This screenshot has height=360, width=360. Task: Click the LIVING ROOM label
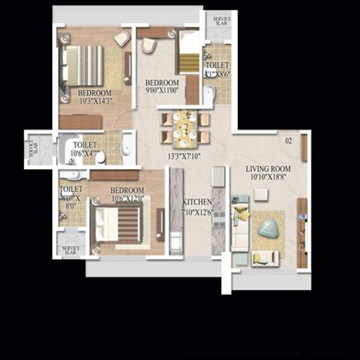(267, 169)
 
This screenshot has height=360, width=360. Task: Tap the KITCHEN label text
(197, 201)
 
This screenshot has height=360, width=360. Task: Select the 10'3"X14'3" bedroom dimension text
(95, 101)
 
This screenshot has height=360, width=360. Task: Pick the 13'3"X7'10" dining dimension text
(184, 156)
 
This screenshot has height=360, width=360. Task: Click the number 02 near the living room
(287, 141)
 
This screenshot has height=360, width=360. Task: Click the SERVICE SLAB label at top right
(221, 20)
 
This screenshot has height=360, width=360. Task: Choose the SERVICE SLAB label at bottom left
(71, 249)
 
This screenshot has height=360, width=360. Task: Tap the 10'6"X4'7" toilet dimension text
(85, 153)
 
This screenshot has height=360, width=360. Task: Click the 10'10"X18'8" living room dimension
(268, 178)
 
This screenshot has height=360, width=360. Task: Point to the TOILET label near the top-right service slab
(217, 66)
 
